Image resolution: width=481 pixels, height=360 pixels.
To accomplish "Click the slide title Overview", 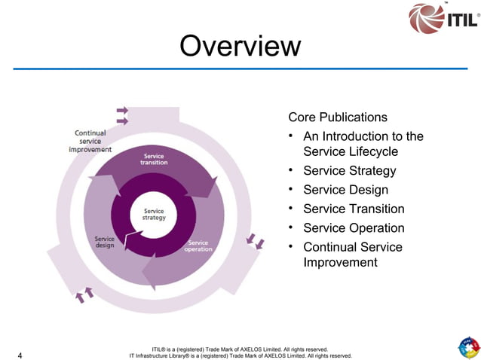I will coord(240,47).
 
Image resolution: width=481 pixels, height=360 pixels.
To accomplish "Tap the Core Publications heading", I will coord(338,117).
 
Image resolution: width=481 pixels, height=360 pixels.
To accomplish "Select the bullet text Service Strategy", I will coord(349,171).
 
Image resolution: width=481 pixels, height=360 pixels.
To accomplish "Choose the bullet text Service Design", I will coord(345,190).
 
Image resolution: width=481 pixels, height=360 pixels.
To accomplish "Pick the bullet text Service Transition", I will coord(354,209).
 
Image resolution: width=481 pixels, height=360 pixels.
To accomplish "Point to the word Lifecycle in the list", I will coord(371,151).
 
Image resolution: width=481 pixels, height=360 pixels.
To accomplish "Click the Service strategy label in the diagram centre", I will coord(154,214).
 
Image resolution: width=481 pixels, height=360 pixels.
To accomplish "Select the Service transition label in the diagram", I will coord(154,159).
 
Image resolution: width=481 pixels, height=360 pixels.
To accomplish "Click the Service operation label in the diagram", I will coord(198,246).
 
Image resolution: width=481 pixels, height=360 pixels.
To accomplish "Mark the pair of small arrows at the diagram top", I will coord(122,115).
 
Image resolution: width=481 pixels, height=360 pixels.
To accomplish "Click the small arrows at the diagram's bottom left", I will coord(84,294).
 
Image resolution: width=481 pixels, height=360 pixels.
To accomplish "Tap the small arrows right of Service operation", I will coord(256,241).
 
